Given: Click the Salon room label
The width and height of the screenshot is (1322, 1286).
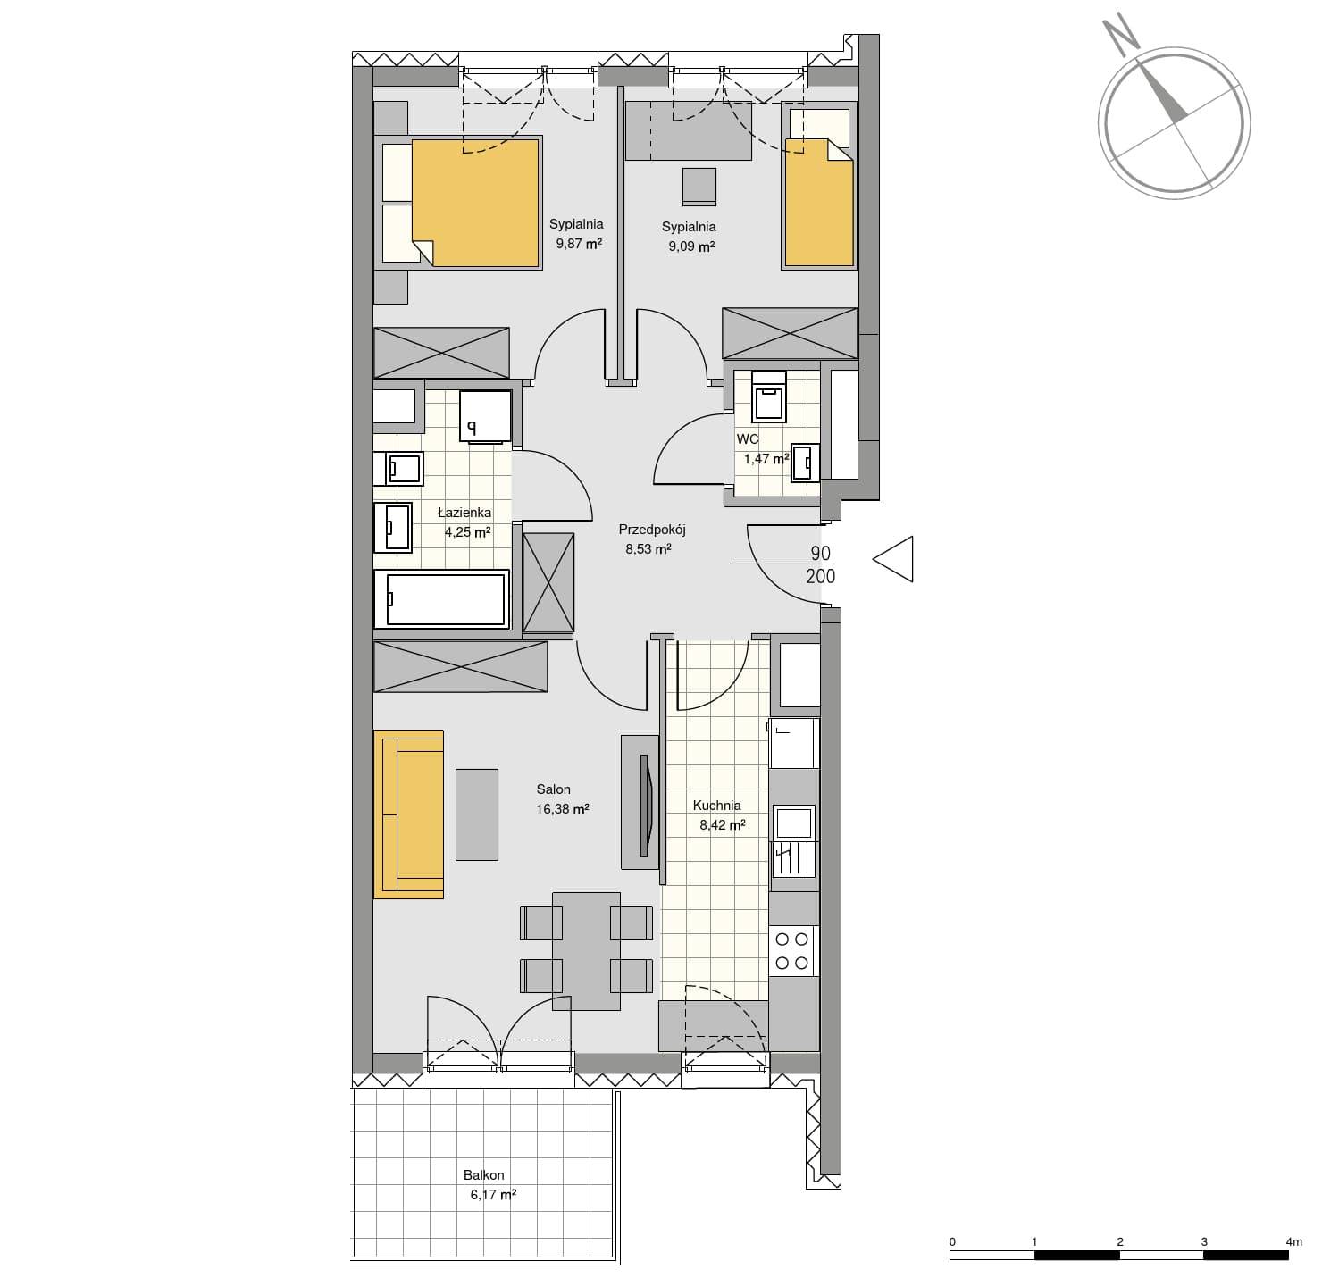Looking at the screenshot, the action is (x=553, y=789).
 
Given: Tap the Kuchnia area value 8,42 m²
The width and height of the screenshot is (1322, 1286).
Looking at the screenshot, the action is (x=722, y=825).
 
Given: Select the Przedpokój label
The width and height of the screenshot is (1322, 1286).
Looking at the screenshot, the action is (x=651, y=530).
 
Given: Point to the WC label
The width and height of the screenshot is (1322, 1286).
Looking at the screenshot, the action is (x=748, y=438).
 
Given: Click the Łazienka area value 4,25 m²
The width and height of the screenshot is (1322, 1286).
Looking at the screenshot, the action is (x=467, y=532).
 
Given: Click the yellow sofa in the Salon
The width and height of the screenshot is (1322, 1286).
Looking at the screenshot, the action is (x=408, y=814).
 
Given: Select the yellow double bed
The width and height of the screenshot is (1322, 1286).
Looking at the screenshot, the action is (x=475, y=203).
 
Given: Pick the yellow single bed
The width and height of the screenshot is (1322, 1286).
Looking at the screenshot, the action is (x=818, y=203).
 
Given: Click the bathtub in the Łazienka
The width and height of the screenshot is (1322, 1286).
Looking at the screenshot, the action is (x=441, y=598).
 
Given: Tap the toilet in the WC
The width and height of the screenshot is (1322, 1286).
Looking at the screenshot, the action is (x=769, y=397).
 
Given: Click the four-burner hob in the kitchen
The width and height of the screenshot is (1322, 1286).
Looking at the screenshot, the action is (x=792, y=951).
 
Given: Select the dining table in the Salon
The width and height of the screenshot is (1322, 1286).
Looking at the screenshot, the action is (x=586, y=951).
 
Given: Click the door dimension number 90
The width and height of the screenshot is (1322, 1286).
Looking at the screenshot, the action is (x=820, y=553).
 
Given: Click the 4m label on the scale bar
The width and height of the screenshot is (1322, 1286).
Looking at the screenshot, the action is (x=1293, y=1241).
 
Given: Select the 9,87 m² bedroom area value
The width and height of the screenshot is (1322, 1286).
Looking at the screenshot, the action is (x=579, y=243).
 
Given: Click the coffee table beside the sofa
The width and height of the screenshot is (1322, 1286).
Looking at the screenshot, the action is (x=476, y=814).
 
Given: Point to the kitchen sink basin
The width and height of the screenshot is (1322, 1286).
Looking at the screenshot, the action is (x=794, y=823).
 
